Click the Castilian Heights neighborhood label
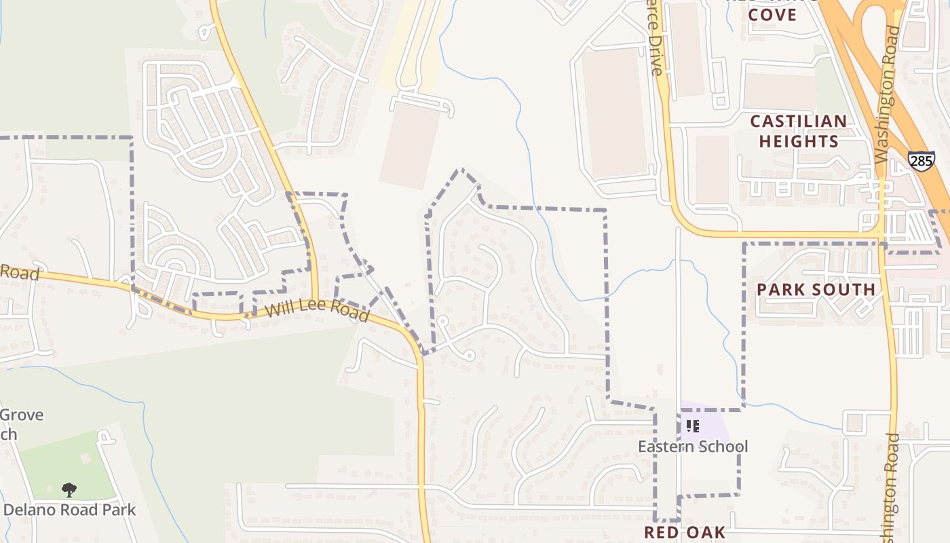pyautogui.click(x=799, y=132)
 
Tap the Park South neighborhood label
pyautogui.click(x=816, y=290)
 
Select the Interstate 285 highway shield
pyautogui.click(x=921, y=160)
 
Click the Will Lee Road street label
pyautogui.click(x=317, y=312)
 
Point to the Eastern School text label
pyautogui.click(x=693, y=447)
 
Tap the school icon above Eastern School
pyautogui.click(x=692, y=426)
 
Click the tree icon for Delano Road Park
pyautogui.click(x=69, y=489)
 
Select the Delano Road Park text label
pyautogui.click(x=70, y=510)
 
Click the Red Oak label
pyautogui.click(x=685, y=532)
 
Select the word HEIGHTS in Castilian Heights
pyautogui.click(x=799, y=141)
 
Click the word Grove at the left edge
pyautogui.click(x=22, y=415)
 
